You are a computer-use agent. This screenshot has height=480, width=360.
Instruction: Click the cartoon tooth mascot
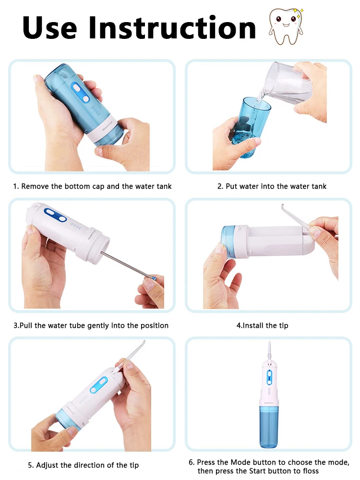tap(286, 26)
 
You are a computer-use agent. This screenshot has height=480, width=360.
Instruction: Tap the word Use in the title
tap(49, 28)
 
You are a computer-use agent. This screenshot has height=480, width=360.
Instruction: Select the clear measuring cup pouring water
tap(288, 83)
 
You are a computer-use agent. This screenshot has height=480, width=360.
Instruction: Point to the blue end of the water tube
tap(154, 278)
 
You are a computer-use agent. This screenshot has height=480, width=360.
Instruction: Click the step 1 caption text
tap(92, 186)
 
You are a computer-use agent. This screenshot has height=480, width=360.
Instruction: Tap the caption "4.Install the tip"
tap(262, 325)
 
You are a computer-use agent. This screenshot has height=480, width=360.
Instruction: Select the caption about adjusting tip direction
tap(83, 465)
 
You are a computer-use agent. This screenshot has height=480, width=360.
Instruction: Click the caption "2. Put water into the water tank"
tap(272, 186)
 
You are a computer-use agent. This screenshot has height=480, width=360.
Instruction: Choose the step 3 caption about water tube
tap(91, 325)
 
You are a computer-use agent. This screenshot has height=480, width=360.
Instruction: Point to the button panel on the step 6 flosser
tap(269, 377)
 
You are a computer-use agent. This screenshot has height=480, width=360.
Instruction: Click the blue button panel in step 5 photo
tap(98, 385)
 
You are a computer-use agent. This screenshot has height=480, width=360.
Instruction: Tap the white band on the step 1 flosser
tap(104, 132)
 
